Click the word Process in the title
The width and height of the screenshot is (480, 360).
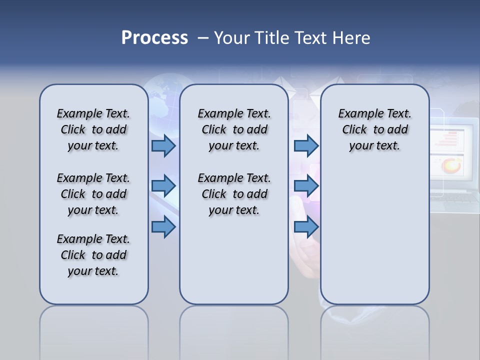pos(154,38)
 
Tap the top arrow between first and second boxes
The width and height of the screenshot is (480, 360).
pos(163,146)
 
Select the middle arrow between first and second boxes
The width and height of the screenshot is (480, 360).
pos(163,186)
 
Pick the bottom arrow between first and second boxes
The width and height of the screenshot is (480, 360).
pos(163,227)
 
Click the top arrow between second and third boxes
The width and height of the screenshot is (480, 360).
pos(306,146)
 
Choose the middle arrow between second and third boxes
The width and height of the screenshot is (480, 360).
pos(306,186)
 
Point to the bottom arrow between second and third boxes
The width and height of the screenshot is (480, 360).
pos(306,227)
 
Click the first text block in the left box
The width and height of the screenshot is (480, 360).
pos(93,129)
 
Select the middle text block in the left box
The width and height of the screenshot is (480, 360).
pos(93,194)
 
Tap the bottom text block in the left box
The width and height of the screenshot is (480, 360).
pos(93,255)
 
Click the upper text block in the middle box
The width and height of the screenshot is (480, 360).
pos(234,129)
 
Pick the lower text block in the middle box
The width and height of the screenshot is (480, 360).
pos(234,194)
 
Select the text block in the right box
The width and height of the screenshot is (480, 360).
pos(374,129)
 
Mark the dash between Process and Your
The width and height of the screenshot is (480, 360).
pos(203,38)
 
